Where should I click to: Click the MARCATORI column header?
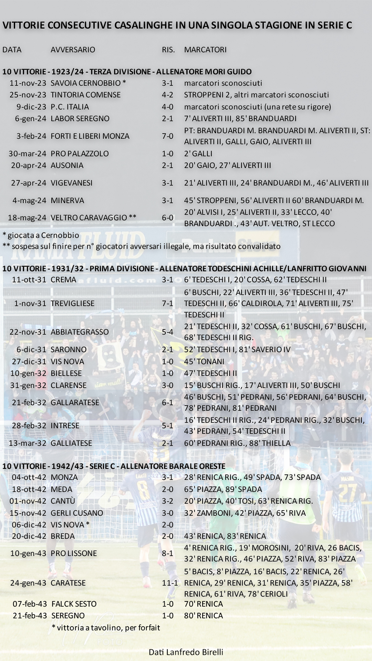pos(205,50)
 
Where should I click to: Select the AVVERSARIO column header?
pos(73,50)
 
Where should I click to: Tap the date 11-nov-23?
pos(28,83)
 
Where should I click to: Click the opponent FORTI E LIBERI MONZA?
pos(90,136)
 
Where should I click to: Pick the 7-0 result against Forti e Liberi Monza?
pos(167,136)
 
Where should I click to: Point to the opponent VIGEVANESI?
pos(72,183)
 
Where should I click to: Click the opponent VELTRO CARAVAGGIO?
pos(93,218)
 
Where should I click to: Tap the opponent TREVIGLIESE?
pos(72,303)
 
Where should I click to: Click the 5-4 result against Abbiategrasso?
pos(167,332)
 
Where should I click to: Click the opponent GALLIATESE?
pos(71,443)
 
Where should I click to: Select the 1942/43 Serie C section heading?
pos(114,466)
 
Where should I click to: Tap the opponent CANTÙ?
pos(63,501)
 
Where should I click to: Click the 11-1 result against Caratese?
pos(170,583)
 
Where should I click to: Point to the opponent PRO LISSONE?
pos(74,553)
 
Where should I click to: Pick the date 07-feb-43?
pos(30,604)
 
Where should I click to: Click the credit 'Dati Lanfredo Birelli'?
pos(186,652)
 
